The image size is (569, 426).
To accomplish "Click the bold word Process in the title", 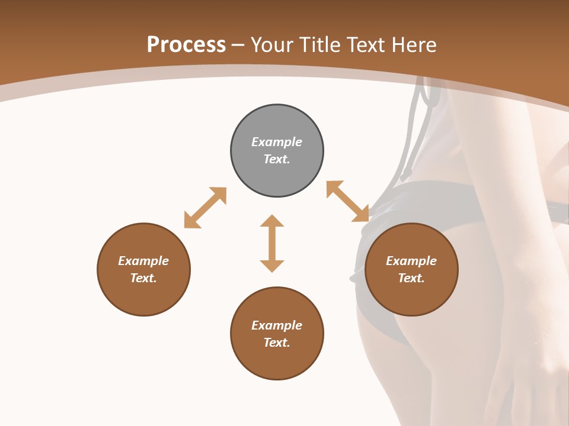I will [186, 44].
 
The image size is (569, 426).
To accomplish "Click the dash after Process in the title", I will [238, 46].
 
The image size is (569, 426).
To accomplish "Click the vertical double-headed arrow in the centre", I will [272, 243].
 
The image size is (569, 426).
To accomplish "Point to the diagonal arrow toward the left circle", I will [205, 208].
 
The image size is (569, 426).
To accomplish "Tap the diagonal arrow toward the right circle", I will [348, 201].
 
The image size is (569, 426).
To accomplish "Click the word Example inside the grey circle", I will [277, 142].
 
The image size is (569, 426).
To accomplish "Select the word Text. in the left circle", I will [143, 278].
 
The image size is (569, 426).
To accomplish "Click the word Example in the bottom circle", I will [277, 325].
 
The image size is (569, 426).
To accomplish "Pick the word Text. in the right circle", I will [411, 278].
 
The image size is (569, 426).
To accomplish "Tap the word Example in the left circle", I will [143, 261].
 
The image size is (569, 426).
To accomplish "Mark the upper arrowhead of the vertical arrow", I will [272, 221].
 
